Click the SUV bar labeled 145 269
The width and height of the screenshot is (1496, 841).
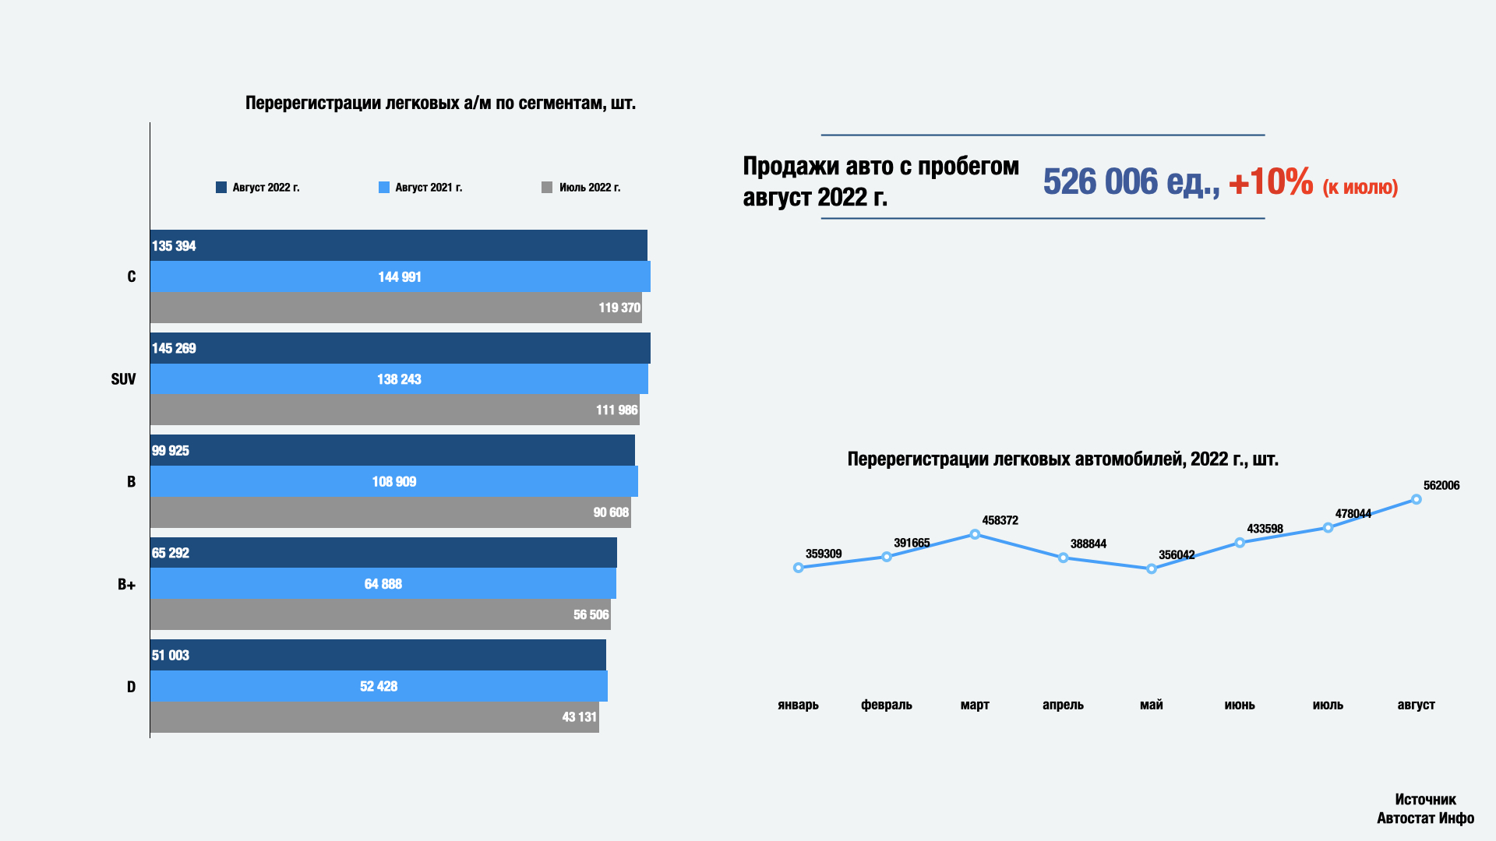tap(400, 348)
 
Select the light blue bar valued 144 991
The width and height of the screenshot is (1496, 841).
tap(400, 277)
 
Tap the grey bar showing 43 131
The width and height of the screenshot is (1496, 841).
tap(374, 717)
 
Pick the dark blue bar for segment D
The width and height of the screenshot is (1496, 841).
tap(378, 656)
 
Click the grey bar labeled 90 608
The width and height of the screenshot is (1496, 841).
tap(390, 512)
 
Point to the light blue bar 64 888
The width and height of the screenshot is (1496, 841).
tap(383, 584)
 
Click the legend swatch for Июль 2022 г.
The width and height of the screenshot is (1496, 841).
tap(547, 188)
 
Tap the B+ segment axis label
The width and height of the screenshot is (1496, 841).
tap(126, 585)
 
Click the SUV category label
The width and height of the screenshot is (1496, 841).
tap(123, 379)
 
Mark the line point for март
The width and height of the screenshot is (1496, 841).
tap(975, 534)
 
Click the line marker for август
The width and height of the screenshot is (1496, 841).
tap(1417, 499)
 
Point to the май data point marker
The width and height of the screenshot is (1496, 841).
tap(1152, 569)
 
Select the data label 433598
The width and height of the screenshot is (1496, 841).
tap(1265, 529)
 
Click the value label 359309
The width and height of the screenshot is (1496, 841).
tap(824, 554)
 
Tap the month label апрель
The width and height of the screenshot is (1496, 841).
tap(1063, 705)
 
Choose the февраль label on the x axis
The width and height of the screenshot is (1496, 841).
tap(887, 705)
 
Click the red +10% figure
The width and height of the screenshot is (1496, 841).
tap(1271, 182)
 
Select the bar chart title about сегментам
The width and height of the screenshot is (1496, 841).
tap(440, 103)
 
